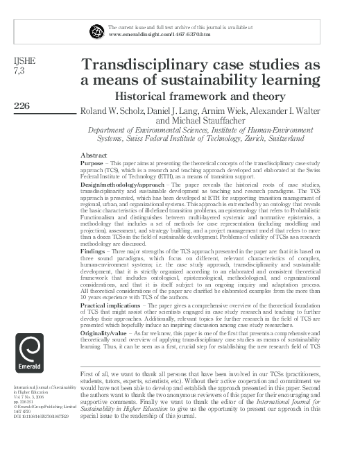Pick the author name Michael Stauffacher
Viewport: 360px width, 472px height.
(x=209, y=119)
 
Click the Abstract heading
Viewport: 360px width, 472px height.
(x=94, y=154)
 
